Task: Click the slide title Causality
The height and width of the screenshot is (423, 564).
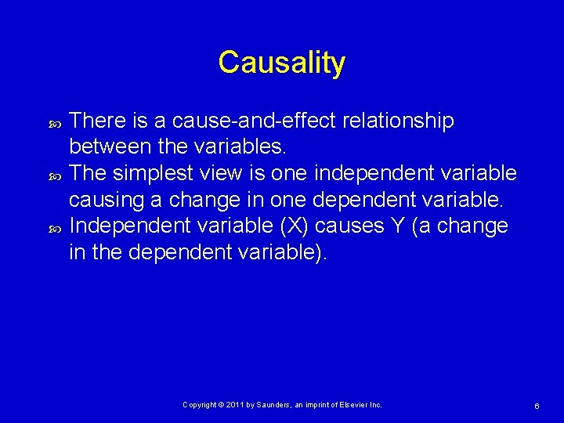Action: (x=281, y=63)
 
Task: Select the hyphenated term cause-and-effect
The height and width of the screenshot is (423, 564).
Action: (x=248, y=121)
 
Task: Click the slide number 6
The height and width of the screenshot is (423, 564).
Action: (x=537, y=406)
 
